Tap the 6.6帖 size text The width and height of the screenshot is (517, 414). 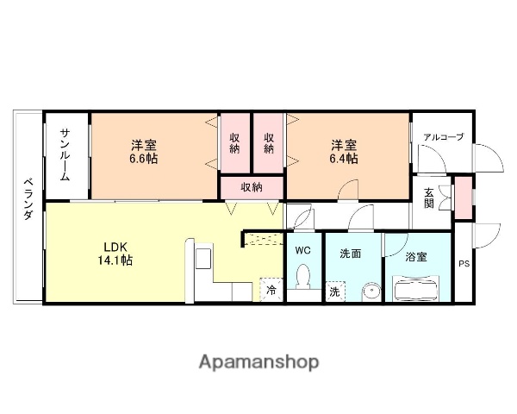(x=144, y=159)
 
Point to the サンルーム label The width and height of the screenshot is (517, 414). (x=65, y=153)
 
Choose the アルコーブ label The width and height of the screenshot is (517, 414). (x=442, y=137)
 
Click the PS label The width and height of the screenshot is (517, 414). (x=464, y=264)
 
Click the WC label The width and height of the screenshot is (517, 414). (x=302, y=250)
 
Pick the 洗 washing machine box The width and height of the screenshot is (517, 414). (x=334, y=292)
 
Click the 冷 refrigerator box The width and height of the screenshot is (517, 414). (x=271, y=291)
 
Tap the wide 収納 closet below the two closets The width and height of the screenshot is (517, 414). (x=251, y=187)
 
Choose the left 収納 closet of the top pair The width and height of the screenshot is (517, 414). (x=234, y=143)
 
